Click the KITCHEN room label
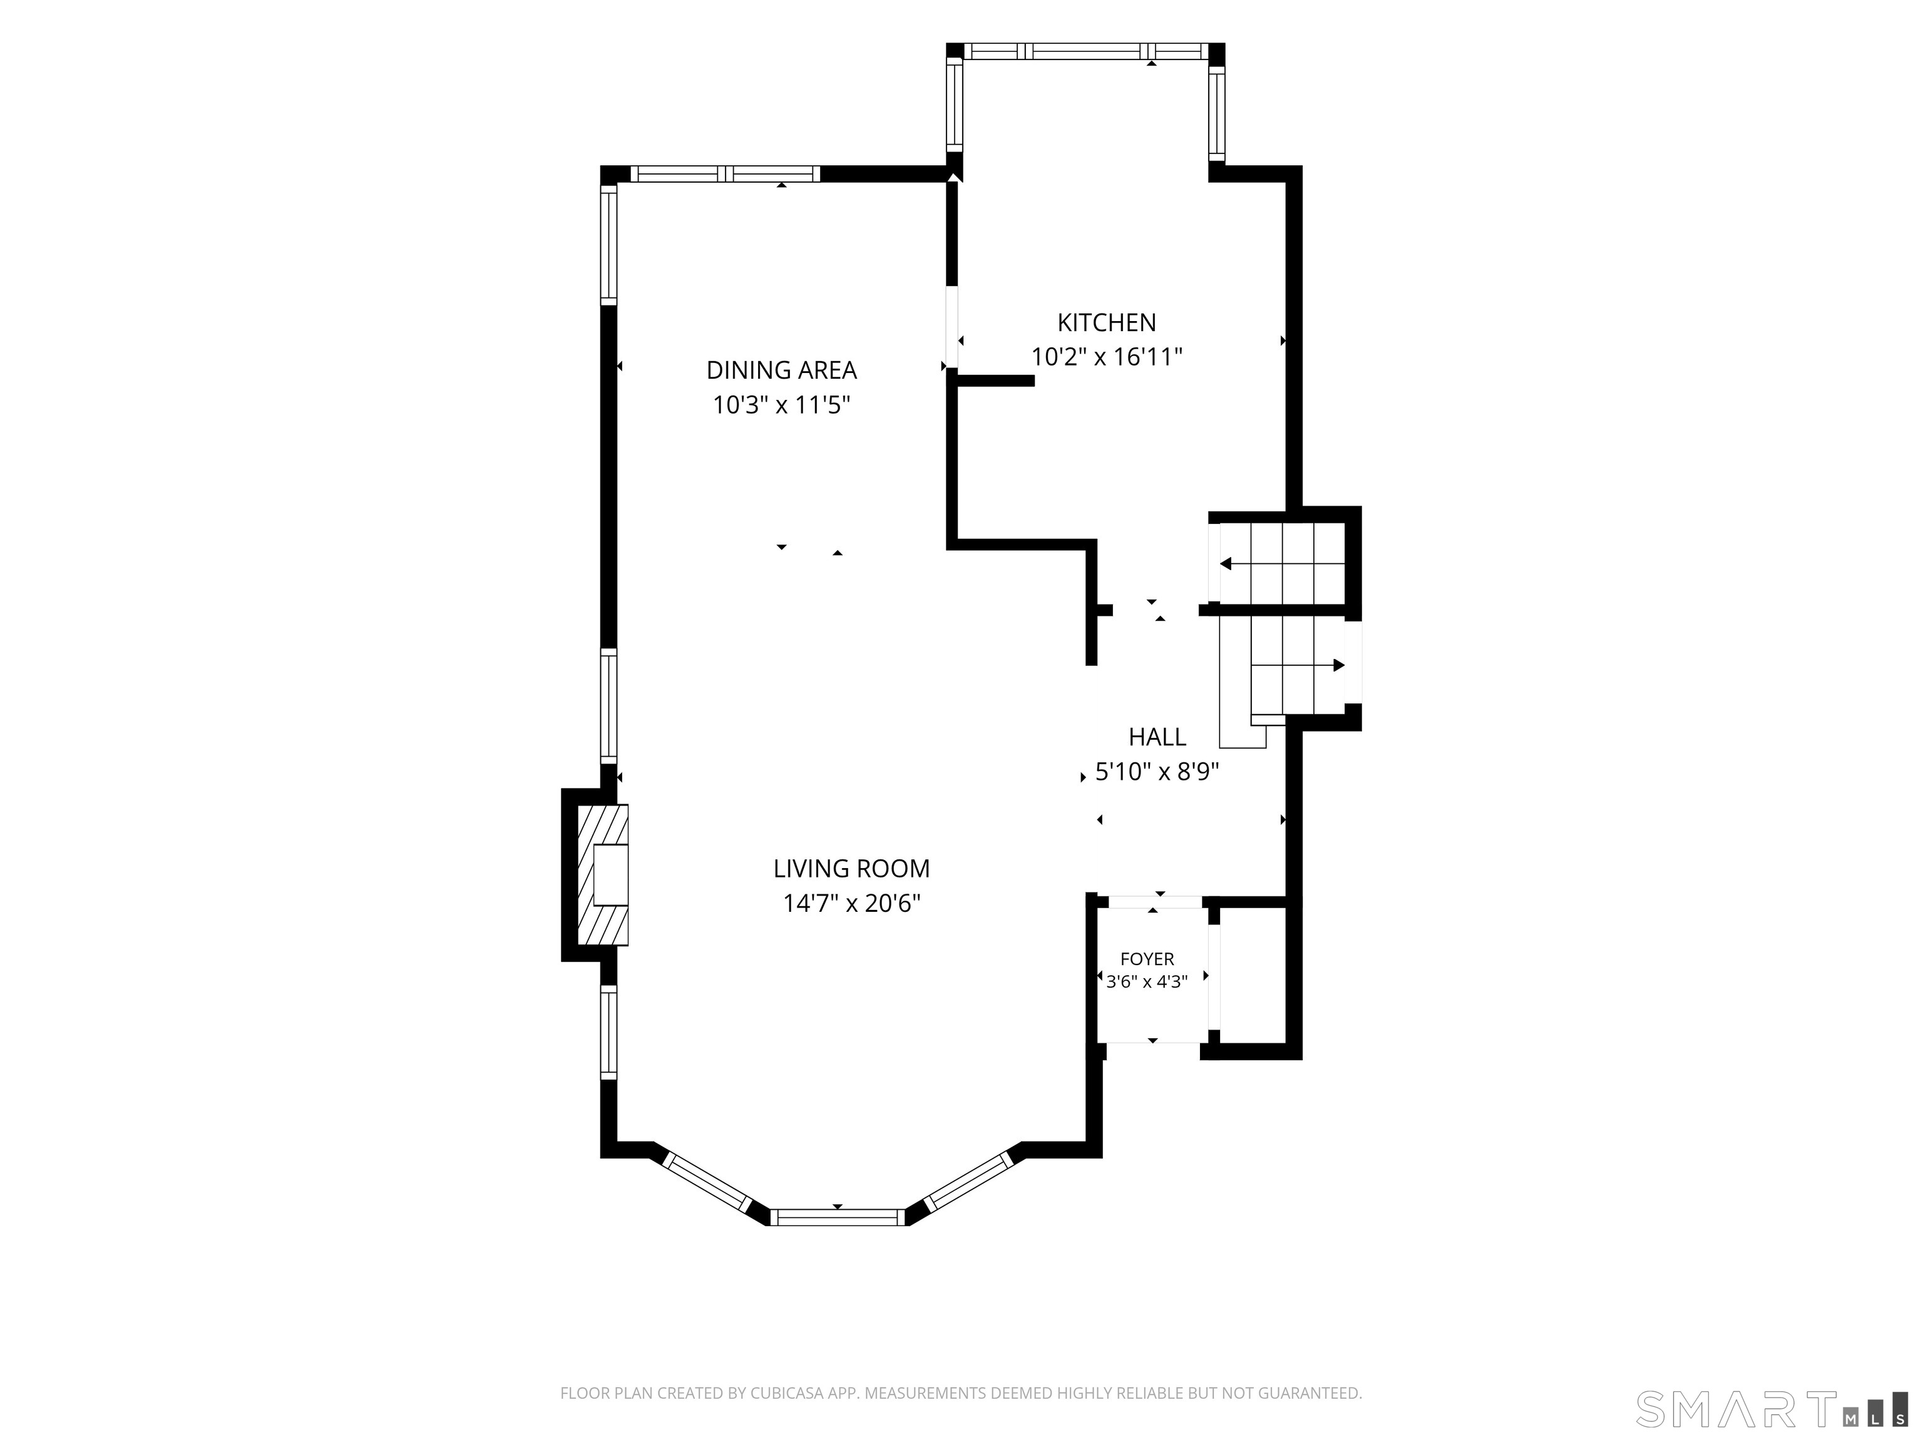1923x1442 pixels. (x=1106, y=322)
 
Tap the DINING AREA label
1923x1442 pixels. (x=782, y=371)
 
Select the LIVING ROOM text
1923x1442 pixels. (x=851, y=868)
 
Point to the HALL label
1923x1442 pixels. (x=1157, y=737)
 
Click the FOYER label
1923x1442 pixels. (x=1147, y=959)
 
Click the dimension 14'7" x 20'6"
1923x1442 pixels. (x=851, y=904)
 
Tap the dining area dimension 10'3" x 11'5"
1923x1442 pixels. (x=782, y=405)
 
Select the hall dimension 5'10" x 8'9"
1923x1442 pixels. (x=1157, y=772)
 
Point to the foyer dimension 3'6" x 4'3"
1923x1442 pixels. (x=1147, y=982)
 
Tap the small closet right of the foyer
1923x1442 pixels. (x=1252, y=975)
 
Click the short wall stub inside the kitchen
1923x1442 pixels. (x=995, y=380)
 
